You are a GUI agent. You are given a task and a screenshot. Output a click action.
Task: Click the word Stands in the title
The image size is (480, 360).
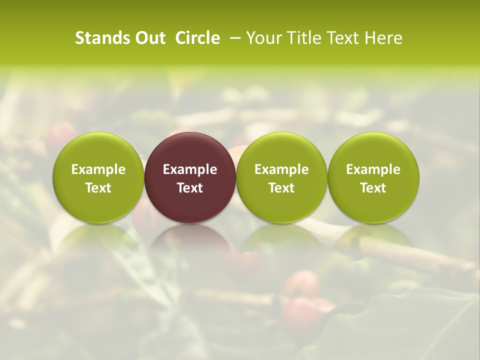(102, 38)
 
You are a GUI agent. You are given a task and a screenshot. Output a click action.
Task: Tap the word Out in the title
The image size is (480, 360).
(149, 38)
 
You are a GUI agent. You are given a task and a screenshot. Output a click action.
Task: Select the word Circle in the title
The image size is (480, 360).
(197, 38)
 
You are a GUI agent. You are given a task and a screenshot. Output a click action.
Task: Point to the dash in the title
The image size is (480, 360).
(233, 38)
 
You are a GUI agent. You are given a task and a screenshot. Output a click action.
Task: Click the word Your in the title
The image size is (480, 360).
(261, 38)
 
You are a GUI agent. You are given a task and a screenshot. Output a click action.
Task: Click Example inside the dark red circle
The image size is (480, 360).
(190, 169)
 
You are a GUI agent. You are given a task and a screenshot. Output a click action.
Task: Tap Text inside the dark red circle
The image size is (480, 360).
(190, 188)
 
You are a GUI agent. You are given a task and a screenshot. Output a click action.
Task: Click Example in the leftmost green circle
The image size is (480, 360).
(98, 169)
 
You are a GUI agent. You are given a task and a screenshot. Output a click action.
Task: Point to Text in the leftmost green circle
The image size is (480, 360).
(98, 188)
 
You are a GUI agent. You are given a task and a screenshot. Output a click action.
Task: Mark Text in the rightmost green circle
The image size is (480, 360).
(373, 188)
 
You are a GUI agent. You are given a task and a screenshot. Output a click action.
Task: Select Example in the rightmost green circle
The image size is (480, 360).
(373, 169)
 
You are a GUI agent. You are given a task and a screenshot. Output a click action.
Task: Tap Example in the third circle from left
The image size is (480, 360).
(281, 169)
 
